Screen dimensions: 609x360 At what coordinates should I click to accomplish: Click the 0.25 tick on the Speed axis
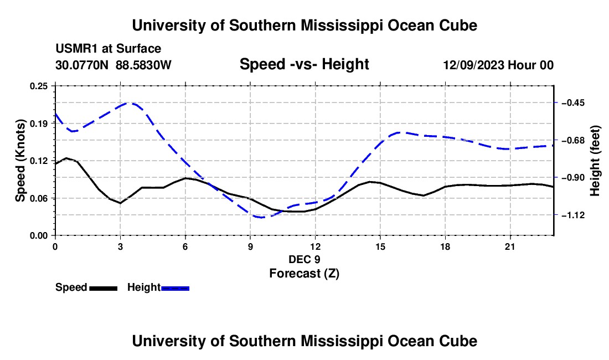coord(39,86)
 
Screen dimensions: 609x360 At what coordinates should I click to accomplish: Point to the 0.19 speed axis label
coord(39,124)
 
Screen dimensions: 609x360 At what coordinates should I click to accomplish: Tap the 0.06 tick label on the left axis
coord(39,198)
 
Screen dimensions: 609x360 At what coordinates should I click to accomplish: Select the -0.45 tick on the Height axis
coord(573,103)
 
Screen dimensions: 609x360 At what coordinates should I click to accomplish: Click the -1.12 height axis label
coord(573,215)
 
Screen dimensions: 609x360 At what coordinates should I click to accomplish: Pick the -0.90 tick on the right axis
coord(573,178)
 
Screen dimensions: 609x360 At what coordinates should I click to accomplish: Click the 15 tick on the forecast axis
coord(380,246)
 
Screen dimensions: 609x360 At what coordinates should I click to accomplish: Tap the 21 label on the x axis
coord(510,246)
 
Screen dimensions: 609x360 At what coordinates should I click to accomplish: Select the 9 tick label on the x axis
coord(250,246)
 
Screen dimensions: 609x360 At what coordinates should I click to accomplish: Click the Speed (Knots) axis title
coord(20,161)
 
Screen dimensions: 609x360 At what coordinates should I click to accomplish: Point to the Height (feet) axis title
coord(595,161)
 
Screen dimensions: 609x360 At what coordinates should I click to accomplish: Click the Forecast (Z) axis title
coord(304,274)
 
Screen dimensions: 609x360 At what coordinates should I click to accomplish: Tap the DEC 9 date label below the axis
coord(304,259)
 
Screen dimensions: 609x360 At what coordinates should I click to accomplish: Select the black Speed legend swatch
coord(104,289)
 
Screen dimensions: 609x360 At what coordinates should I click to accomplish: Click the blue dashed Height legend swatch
coord(175,289)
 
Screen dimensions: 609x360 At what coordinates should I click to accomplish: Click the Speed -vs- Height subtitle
coord(304,64)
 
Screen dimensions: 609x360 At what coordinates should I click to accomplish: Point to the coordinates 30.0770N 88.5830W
coord(113,65)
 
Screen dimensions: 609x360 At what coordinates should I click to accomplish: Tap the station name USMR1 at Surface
coord(109,49)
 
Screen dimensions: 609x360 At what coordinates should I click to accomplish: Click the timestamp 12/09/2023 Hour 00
coord(498,65)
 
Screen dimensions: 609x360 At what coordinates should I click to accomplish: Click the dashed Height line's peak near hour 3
coord(131,104)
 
